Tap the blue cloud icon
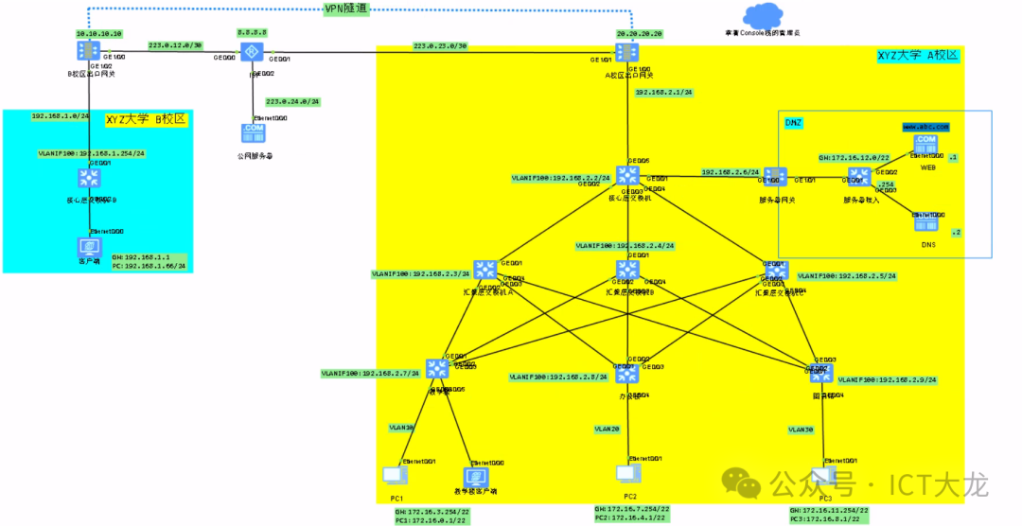(764, 15)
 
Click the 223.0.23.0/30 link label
(441, 45)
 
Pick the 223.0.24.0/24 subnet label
(293, 101)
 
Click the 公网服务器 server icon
(254, 132)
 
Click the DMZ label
(794, 122)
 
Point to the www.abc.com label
(925, 125)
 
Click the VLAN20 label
(608, 429)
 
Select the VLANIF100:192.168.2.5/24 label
(846, 276)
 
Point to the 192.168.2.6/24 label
(730, 172)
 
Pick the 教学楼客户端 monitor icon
(475, 476)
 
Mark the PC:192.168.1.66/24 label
(149, 266)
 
